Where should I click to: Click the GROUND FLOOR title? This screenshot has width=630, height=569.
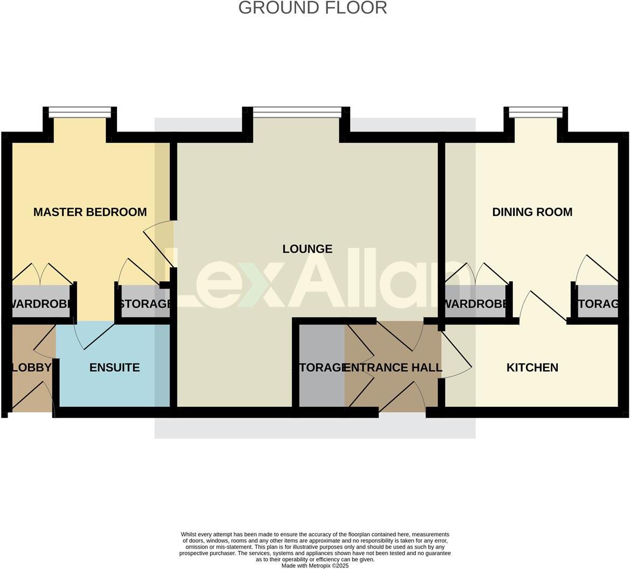click(312, 8)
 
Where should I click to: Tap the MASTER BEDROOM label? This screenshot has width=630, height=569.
click(90, 212)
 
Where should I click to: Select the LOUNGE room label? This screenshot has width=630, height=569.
click(307, 249)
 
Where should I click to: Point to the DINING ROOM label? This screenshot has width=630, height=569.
click(532, 212)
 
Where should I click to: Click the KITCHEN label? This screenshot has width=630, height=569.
click(532, 367)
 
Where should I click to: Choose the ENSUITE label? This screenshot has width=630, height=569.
click(114, 367)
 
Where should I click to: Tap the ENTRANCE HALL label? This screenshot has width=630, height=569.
click(393, 367)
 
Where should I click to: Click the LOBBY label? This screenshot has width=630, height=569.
click(31, 367)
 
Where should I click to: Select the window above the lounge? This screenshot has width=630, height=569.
click(297, 112)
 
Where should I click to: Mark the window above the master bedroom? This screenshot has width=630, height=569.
click(80, 112)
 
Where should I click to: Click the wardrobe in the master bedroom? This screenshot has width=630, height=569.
click(40, 303)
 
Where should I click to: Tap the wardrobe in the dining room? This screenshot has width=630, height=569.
click(475, 303)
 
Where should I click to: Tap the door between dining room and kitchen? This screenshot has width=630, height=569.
click(547, 307)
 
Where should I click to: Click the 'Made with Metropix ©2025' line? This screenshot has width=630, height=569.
click(315, 566)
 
